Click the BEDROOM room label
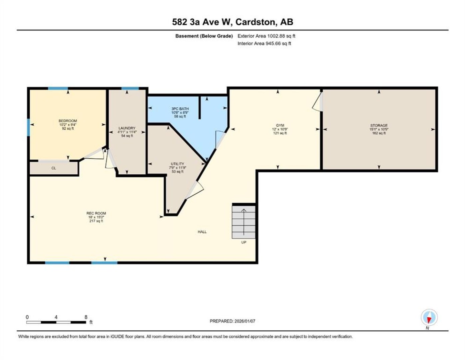tap(68, 121)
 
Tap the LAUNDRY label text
tap(127, 128)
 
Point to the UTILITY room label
tap(178, 164)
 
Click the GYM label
tap(280, 125)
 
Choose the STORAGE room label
tap(379, 125)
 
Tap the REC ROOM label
tap(96, 213)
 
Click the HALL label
tap(202, 232)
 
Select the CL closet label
tap(54, 168)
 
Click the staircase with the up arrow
tap(243, 222)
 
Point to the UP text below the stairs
tap(244, 242)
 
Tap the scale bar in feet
tap(56, 322)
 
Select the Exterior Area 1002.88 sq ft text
tap(266, 36)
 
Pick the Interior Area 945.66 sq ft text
tap(264, 43)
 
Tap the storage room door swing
tap(317, 102)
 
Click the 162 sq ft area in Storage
tap(379, 133)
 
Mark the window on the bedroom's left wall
tap(28, 127)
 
